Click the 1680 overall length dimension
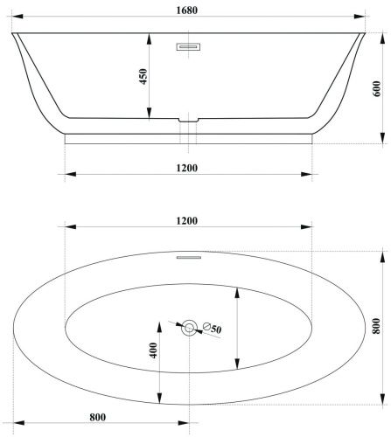(x=187, y=10)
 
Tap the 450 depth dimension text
(x=143, y=76)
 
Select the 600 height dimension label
(x=376, y=89)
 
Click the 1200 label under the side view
(x=187, y=168)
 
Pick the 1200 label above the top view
(x=187, y=221)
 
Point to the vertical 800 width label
(x=376, y=326)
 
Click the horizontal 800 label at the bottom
(x=98, y=417)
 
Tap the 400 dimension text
(x=153, y=350)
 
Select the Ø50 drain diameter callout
(x=212, y=328)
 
